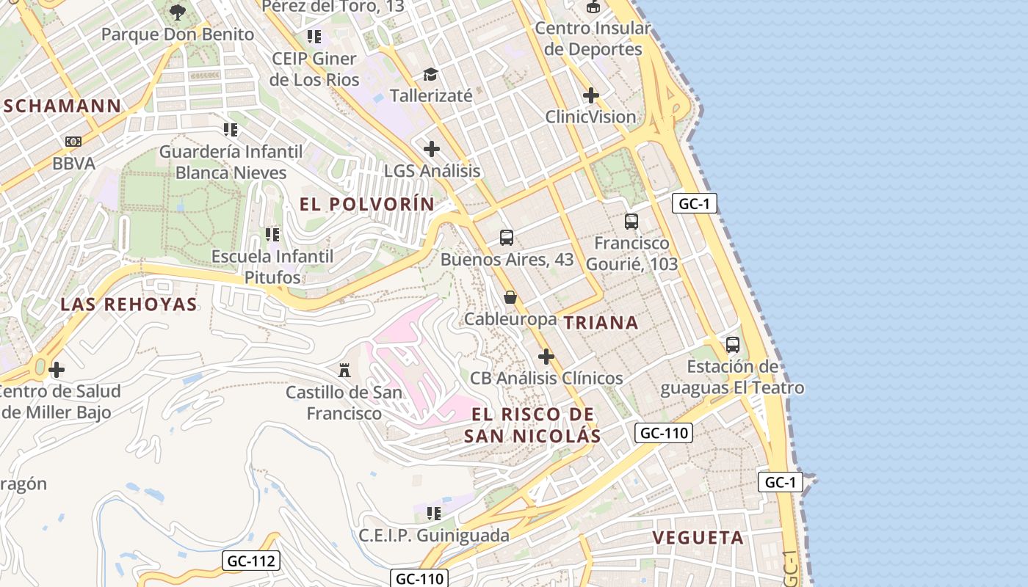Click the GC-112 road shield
tap(251, 561)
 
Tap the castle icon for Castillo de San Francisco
tap(344, 369)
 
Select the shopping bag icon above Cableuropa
tap(510, 297)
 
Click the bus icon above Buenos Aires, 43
tap(507, 237)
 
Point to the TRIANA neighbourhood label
tap(601, 323)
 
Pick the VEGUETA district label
tap(698, 538)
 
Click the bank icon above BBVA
tap(73, 142)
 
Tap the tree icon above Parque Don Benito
tap(177, 12)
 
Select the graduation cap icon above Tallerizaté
tap(430, 74)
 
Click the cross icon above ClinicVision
tap(591, 95)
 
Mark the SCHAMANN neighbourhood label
tap(62, 106)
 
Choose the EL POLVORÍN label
tap(367, 205)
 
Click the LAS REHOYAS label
tap(128, 305)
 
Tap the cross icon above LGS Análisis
tap(432, 149)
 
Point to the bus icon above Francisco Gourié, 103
tap(631, 221)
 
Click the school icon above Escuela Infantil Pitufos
tap(272, 235)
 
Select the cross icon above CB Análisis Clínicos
tap(546, 357)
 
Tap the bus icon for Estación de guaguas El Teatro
tap(732, 344)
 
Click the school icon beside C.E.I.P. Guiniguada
tap(434, 513)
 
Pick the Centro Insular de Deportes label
tap(593, 39)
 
